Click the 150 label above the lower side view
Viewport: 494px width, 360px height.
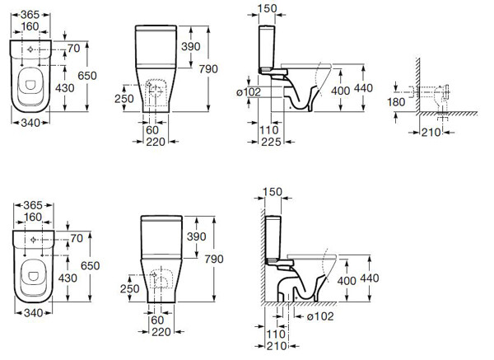point(273,193)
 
